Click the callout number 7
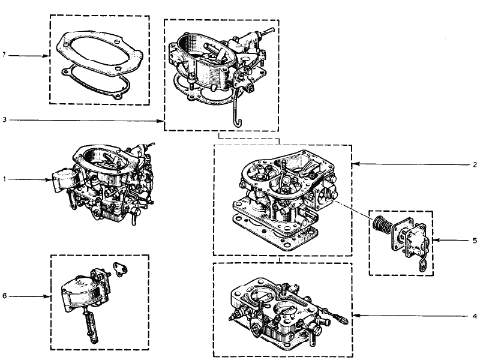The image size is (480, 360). (4, 55)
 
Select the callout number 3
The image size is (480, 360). (4, 119)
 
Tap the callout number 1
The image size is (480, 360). (4, 179)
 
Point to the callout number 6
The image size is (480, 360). (4, 296)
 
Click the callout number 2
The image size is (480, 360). (475, 164)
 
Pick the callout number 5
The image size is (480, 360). (475, 241)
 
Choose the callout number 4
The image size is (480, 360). (475, 316)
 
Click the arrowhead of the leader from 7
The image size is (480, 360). (47, 56)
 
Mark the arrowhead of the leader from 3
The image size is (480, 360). (161, 121)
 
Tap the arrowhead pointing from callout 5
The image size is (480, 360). (436, 241)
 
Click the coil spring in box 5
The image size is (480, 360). (382, 226)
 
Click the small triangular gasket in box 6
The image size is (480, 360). (120, 269)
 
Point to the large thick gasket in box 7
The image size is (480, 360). (100, 52)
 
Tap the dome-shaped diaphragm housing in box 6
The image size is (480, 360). (80, 295)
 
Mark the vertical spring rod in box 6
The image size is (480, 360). (91, 325)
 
